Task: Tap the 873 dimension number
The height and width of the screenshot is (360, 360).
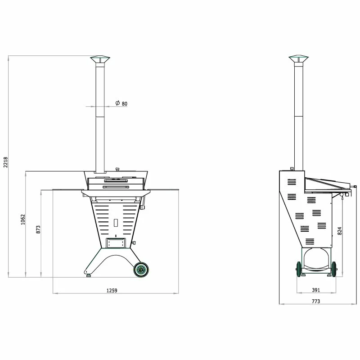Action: click(39, 229)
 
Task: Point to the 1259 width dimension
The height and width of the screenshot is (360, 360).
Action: click(112, 291)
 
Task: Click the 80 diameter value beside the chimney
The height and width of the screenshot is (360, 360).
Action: click(124, 104)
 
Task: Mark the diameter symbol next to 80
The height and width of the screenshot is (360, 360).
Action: click(117, 103)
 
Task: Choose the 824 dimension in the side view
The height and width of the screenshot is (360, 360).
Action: click(340, 230)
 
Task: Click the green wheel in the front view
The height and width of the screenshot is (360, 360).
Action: click(141, 270)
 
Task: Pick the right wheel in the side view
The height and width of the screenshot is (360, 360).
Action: click(333, 270)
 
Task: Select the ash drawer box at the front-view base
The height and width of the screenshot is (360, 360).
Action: click(115, 243)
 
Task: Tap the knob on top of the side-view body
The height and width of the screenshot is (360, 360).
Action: click(292, 169)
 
